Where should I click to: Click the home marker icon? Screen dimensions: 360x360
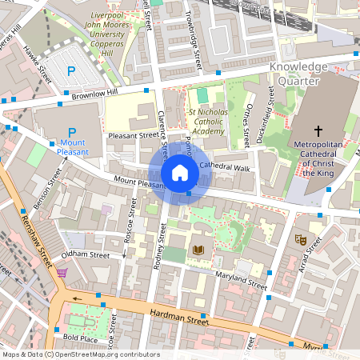180,173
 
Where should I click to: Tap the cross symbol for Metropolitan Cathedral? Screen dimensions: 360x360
318,130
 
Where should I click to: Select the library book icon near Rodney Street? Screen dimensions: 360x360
199,250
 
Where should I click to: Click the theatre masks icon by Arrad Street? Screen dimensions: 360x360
302,238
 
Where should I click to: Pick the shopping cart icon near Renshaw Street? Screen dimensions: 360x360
62,273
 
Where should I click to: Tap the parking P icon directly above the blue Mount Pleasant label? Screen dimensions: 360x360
71,133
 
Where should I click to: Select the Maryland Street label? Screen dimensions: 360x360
241,280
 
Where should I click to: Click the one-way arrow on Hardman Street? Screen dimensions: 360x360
78,300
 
